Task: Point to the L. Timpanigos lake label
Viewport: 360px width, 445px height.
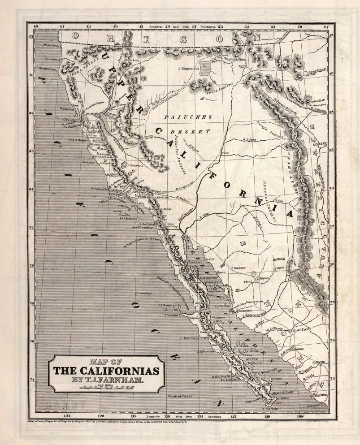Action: click(x=188, y=68)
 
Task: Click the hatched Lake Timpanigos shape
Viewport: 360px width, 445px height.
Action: click(x=206, y=69)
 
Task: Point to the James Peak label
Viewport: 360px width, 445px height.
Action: click(x=318, y=102)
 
